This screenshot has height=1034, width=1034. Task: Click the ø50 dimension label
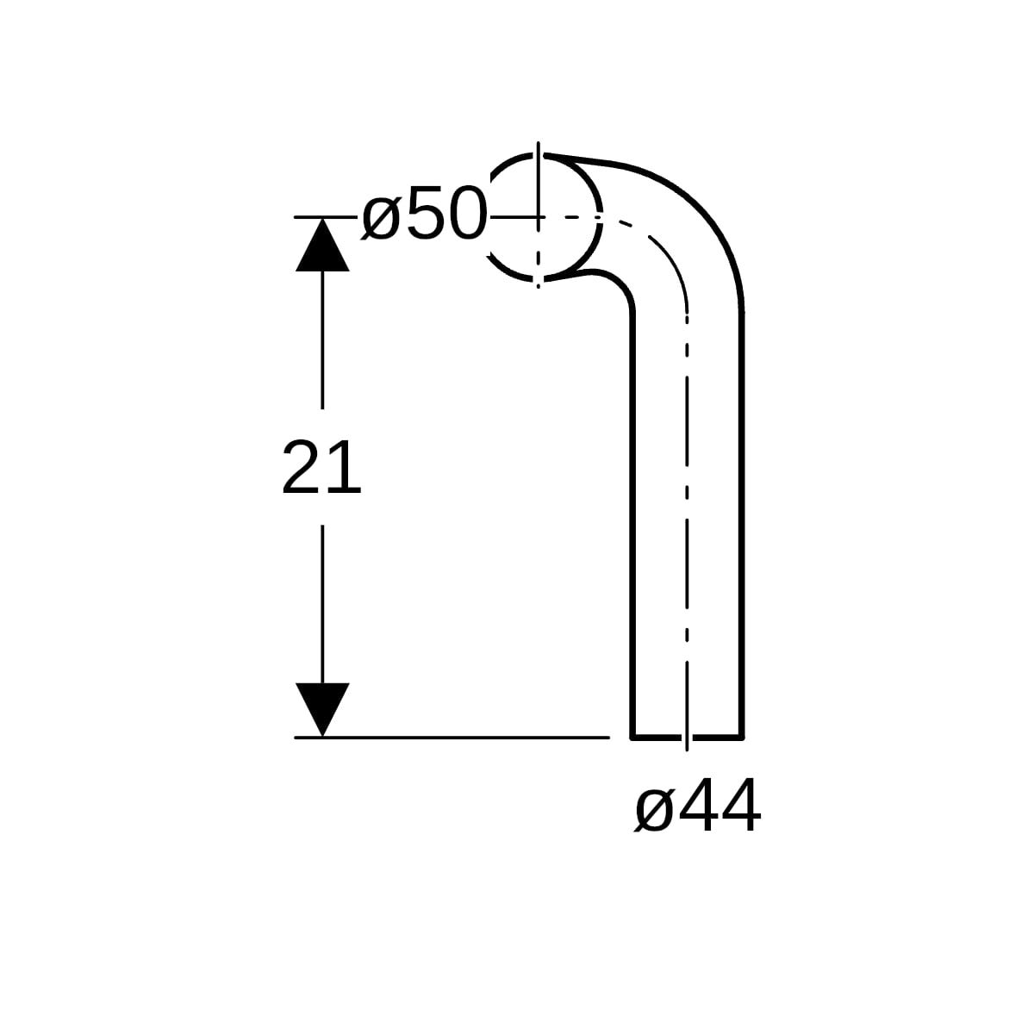pos(425,213)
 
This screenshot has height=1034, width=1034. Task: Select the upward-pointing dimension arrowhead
pos(322,245)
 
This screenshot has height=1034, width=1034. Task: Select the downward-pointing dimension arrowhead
pos(322,710)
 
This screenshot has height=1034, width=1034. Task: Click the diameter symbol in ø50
pos(381,218)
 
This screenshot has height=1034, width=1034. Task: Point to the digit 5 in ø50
pos(426,213)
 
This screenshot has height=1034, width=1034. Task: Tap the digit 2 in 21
pos(301,467)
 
